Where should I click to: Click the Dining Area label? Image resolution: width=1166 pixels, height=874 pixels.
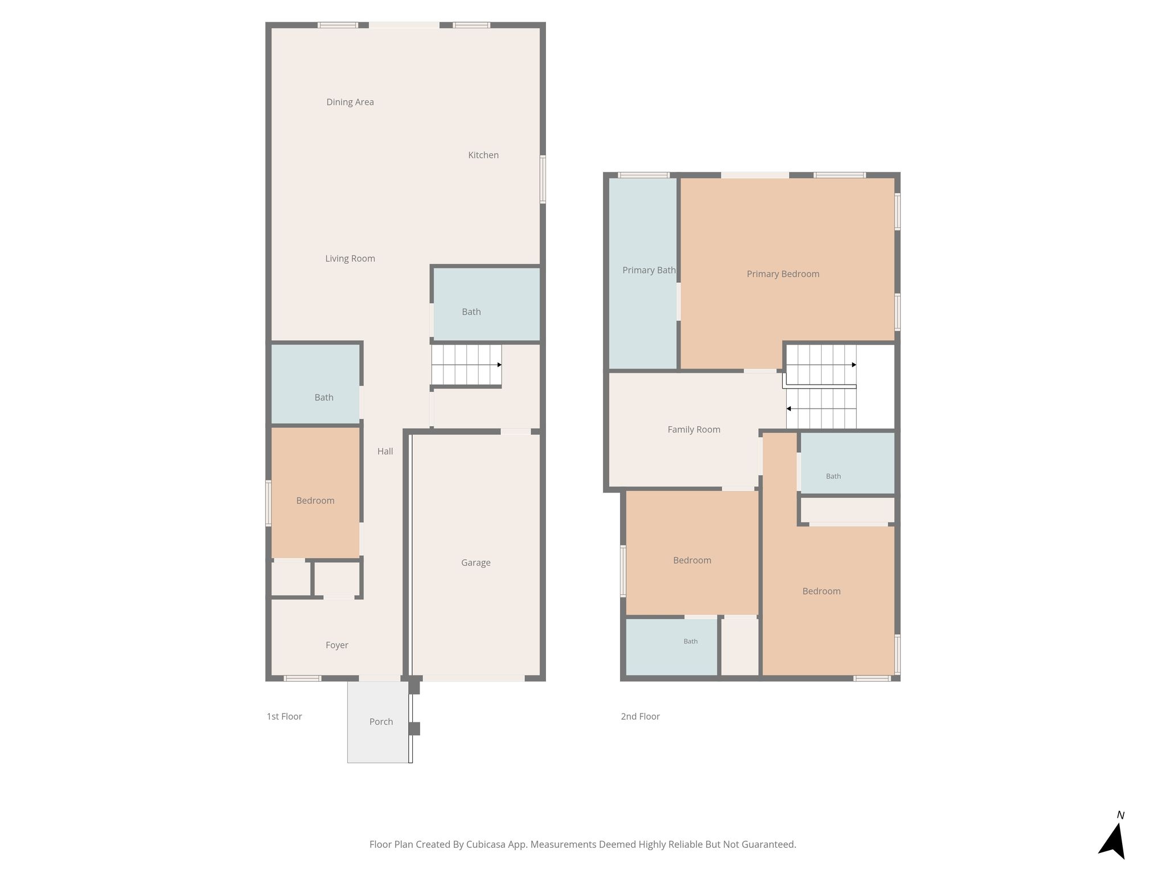point(350,102)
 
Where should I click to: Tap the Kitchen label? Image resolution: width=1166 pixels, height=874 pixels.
point(483,155)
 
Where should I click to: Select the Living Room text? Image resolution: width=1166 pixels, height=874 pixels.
point(350,259)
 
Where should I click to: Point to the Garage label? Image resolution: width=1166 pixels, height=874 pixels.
point(476,563)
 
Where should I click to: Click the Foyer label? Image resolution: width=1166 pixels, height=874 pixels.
point(337,645)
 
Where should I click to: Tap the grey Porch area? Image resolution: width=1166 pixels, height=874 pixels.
point(378,722)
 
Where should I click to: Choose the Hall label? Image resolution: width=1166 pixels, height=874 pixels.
point(385,451)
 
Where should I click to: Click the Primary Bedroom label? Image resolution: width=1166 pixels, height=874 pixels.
point(783,274)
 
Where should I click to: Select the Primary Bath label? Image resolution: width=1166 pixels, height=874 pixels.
point(649,270)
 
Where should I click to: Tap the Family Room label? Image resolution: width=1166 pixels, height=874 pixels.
point(694,430)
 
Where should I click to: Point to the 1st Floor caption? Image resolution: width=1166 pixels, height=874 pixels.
point(284,716)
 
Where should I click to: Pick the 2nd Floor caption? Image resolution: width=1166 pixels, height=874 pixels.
point(640,716)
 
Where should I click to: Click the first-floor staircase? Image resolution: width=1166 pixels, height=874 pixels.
point(467,365)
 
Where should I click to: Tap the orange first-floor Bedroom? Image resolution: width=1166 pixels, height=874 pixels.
point(315,493)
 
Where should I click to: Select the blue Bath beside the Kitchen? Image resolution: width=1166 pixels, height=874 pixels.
point(487,304)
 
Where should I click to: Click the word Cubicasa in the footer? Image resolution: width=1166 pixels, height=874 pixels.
point(487,844)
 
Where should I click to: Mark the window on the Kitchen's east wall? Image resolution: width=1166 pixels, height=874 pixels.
point(543,179)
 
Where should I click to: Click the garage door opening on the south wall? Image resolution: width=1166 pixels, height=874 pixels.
point(474,678)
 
